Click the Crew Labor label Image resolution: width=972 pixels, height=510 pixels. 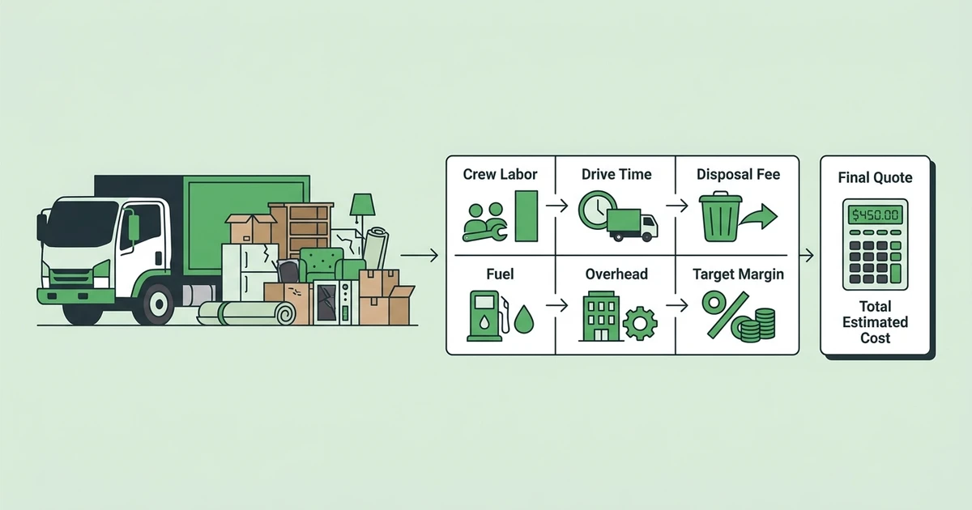500,174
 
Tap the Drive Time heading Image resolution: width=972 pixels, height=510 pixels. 616,174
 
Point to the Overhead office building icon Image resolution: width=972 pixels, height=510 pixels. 600,317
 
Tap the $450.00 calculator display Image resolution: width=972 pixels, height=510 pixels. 875,215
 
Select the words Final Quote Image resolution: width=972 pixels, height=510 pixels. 875,177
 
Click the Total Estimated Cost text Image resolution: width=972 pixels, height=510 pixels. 875,322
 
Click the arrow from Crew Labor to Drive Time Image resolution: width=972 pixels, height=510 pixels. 556,206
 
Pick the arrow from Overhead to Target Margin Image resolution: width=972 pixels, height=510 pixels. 677,305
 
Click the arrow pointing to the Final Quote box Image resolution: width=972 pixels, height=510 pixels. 806,256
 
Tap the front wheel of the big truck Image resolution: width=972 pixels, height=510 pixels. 159,304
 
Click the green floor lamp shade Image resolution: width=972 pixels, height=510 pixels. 362,205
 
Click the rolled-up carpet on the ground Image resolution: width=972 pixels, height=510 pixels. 246,313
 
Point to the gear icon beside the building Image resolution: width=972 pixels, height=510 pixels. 640,323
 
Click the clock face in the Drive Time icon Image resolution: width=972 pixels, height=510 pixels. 598,210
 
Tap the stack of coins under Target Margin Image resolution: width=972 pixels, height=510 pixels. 755,325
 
